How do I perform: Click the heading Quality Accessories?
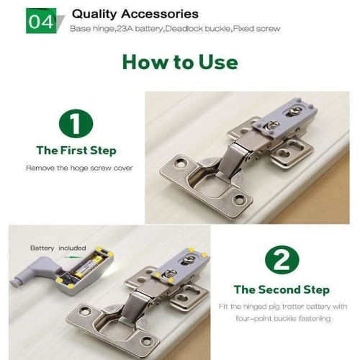tap(135, 14)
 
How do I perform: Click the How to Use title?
tap(180, 61)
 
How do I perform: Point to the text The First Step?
tap(76, 150)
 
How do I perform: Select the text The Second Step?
tap(282, 289)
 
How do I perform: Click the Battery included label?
tap(58, 248)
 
